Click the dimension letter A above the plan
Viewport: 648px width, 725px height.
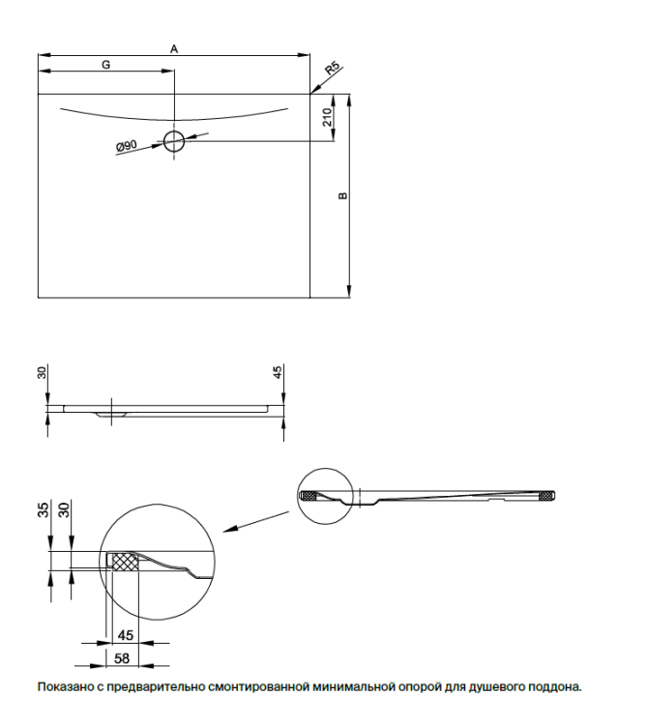(x=174, y=48)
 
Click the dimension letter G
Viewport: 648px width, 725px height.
(x=106, y=65)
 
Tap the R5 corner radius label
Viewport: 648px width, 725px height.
(x=333, y=68)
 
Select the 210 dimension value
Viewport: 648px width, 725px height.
(x=328, y=117)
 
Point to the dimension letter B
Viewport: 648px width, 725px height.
(x=342, y=195)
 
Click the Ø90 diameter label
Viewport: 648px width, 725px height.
(x=127, y=146)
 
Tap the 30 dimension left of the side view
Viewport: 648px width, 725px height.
(x=43, y=372)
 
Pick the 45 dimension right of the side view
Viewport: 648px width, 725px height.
(x=277, y=372)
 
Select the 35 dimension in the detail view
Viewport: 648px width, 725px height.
(x=43, y=509)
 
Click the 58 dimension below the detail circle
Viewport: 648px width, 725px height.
(x=122, y=658)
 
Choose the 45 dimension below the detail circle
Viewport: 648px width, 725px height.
(x=126, y=635)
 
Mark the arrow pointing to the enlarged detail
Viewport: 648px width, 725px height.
(x=255, y=522)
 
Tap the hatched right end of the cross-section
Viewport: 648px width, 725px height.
(x=546, y=496)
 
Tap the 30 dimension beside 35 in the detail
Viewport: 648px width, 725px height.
(x=64, y=509)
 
